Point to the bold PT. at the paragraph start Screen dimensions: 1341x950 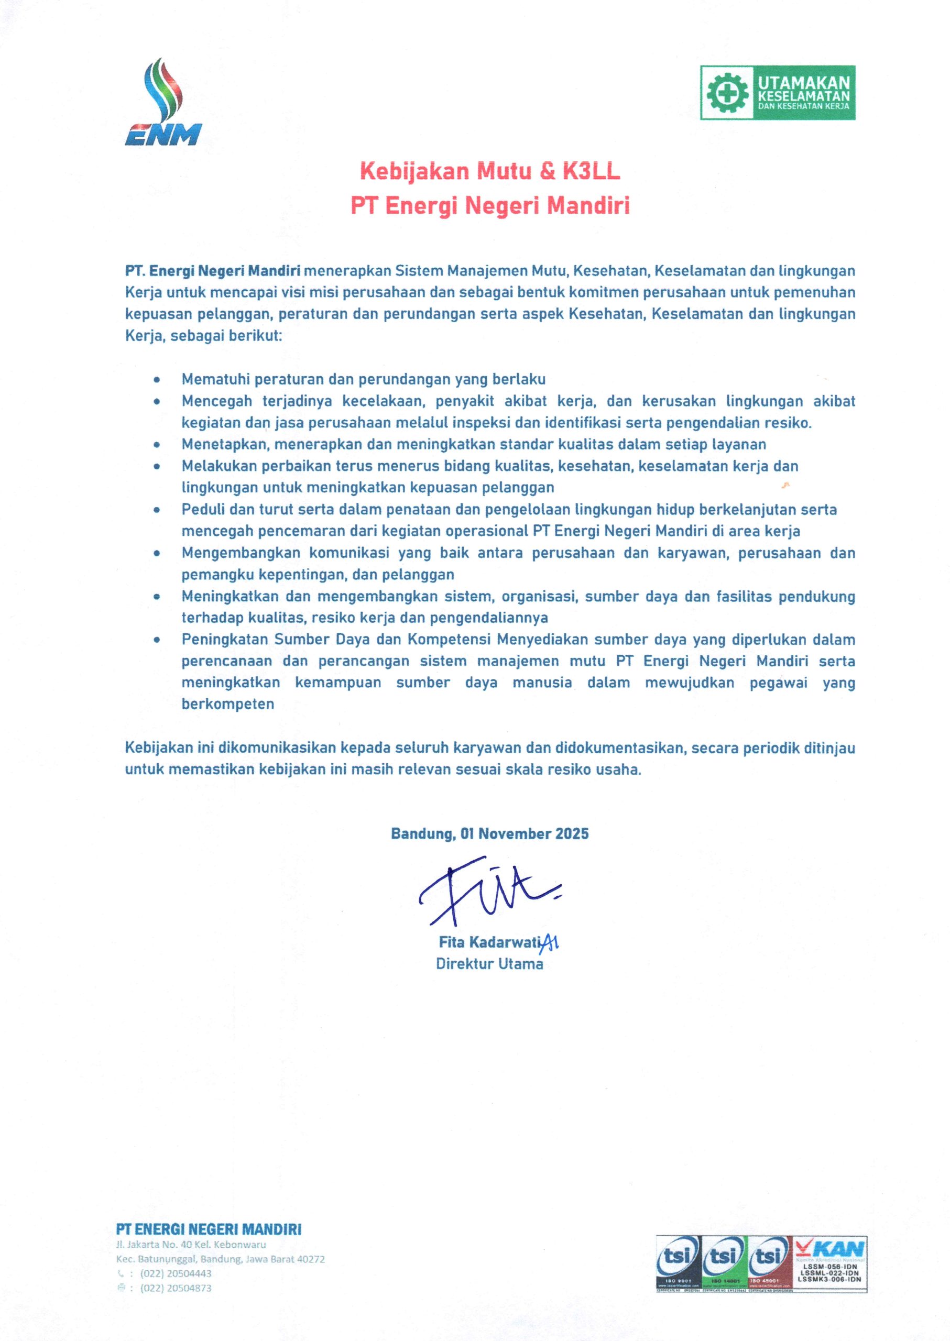(x=136, y=271)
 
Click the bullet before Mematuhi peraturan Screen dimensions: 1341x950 (x=157, y=380)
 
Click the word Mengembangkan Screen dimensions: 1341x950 (x=241, y=553)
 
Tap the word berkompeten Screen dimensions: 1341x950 (x=227, y=704)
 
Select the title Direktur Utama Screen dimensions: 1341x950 (x=489, y=964)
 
